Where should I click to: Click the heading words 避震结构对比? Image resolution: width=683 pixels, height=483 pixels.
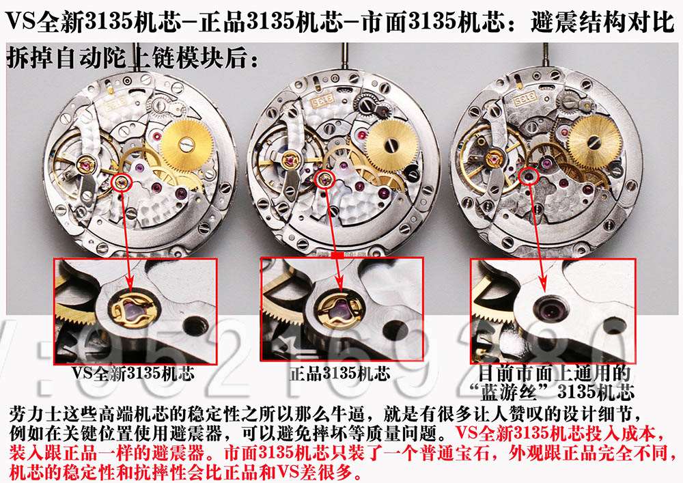(602, 23)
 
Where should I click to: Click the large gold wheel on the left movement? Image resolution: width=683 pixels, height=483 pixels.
(184, 141)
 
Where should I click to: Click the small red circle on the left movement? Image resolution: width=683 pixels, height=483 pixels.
(122, 181)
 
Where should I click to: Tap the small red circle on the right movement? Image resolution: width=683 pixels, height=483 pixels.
(527, 176)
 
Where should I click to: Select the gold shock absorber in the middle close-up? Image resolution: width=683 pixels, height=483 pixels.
(339, 311)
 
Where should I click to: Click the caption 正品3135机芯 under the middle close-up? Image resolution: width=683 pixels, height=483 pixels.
(339, 374)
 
